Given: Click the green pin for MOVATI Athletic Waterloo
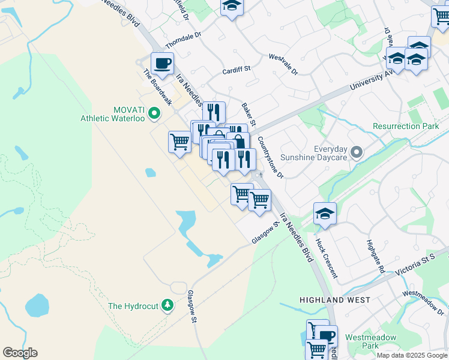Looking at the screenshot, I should point(154,112).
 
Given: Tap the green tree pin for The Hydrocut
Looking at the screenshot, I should point(168,305).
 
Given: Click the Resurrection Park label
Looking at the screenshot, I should point(405,126).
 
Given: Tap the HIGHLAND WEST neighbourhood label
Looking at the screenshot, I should point(334,299).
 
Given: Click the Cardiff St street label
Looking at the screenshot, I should point(236,70).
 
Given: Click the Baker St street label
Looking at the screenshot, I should point(249,115).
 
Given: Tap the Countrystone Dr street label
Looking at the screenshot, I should point(270,157).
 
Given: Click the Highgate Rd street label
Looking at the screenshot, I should point(376,256).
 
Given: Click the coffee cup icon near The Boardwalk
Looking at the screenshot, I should point(161,62).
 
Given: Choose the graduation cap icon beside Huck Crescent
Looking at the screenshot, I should point(325,213).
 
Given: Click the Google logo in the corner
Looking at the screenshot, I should point(20,353).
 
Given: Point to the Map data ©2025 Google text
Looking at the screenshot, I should point(412,355).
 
